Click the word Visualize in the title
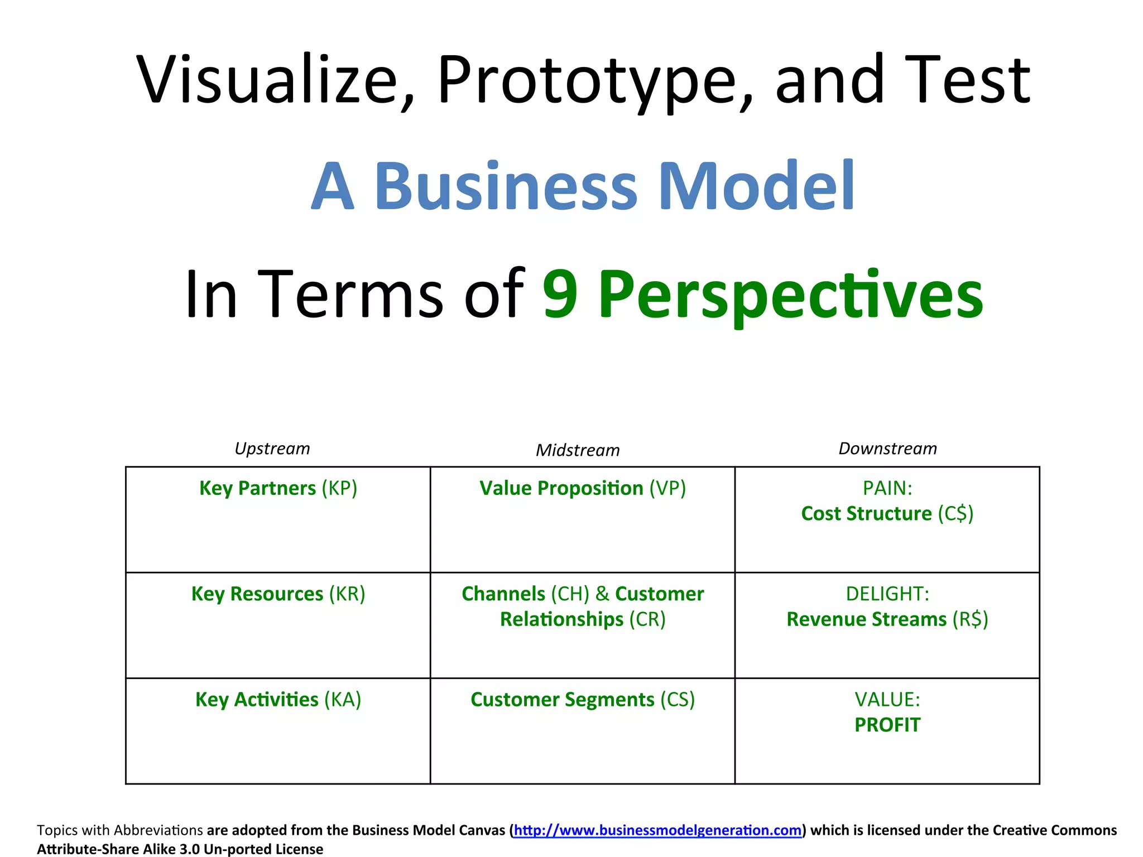(x=266, y=79)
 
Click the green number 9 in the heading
(x=560, y=294)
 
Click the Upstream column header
(x=272, y=449)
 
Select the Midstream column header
(x=578, y=450)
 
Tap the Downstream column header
(x=887, y=449)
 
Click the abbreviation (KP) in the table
(x=339, y=488)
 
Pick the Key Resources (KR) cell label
(x=278, y=594)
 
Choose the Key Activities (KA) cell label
(x=278, y=700)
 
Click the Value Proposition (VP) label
(x=583, y=488)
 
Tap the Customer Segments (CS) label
(x=583, y=700)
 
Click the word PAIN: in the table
(x=887, y=488)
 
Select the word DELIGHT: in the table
(x=887, y=594)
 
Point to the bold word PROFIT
(x=887, y=725)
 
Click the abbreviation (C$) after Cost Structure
(x=955, y=514)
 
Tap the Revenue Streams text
(x=867, y=619)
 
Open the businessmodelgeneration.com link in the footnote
(x=657, y=830)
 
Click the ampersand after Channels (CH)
(x=602, y=594)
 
